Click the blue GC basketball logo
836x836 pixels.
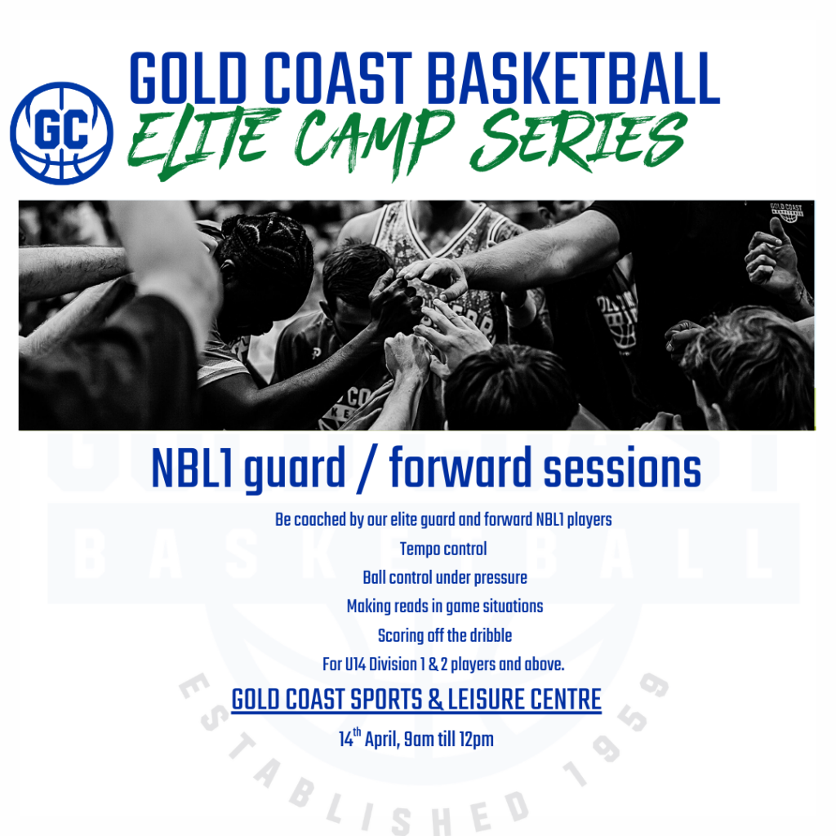(x=61, y=133)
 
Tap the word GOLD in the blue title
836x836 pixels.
(x=189, y=78)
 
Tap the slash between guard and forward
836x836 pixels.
(x=367, y=469)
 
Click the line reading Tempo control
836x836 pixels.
(x=443, y=549)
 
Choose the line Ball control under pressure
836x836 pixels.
(x=445, y=577)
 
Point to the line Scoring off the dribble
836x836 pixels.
(x=445, y=635)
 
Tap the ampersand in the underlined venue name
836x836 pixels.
(x=436, y=700)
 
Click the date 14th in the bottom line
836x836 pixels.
(x=349, y=738)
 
